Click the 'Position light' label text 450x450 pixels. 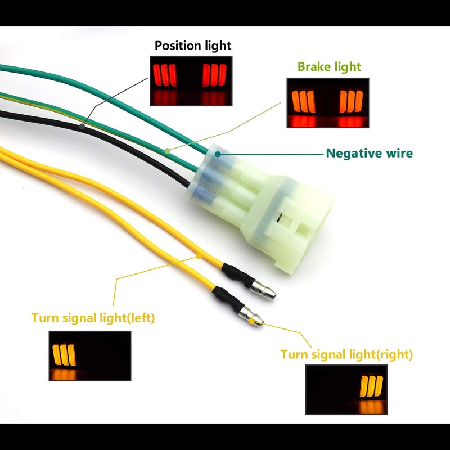(193, 46)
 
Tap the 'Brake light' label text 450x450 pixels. (329, 67)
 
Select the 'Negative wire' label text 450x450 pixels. (370, 153)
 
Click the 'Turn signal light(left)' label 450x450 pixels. (93, 318)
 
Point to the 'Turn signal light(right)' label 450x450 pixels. (346, 354)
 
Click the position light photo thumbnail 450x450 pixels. (191, 81)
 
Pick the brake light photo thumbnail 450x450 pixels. (328, 103)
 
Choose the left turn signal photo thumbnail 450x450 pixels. (90, 356)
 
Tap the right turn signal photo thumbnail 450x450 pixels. (346, 390)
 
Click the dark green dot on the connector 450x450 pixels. (218, 154)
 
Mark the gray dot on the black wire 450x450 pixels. (82, 126)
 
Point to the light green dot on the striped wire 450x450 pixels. (168, 151)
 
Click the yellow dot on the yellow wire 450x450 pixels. (199, 256)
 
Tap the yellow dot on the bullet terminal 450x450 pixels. (251, 321)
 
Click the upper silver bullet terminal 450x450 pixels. (263, 290)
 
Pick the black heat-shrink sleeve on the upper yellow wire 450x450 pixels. (238, 274)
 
